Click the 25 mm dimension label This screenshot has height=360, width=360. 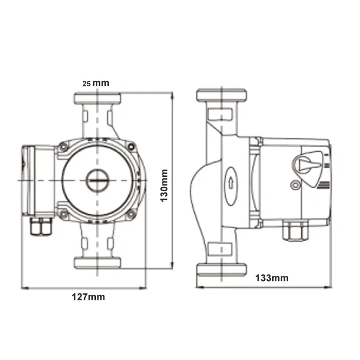click(96, 83)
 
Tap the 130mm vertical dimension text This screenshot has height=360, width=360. click(164, 185)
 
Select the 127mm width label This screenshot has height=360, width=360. click(88, 297)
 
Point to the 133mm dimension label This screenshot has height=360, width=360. click(272, 278)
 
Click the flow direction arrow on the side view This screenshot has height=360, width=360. click(231, 183)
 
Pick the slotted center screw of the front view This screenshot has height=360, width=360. click(97, 180)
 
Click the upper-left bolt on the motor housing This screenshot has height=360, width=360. click(63, 147)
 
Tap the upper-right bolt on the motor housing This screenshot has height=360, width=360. click(131, 147)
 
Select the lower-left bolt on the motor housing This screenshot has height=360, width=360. click(63, 214)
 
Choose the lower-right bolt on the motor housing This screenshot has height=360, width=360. click(131, 214)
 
